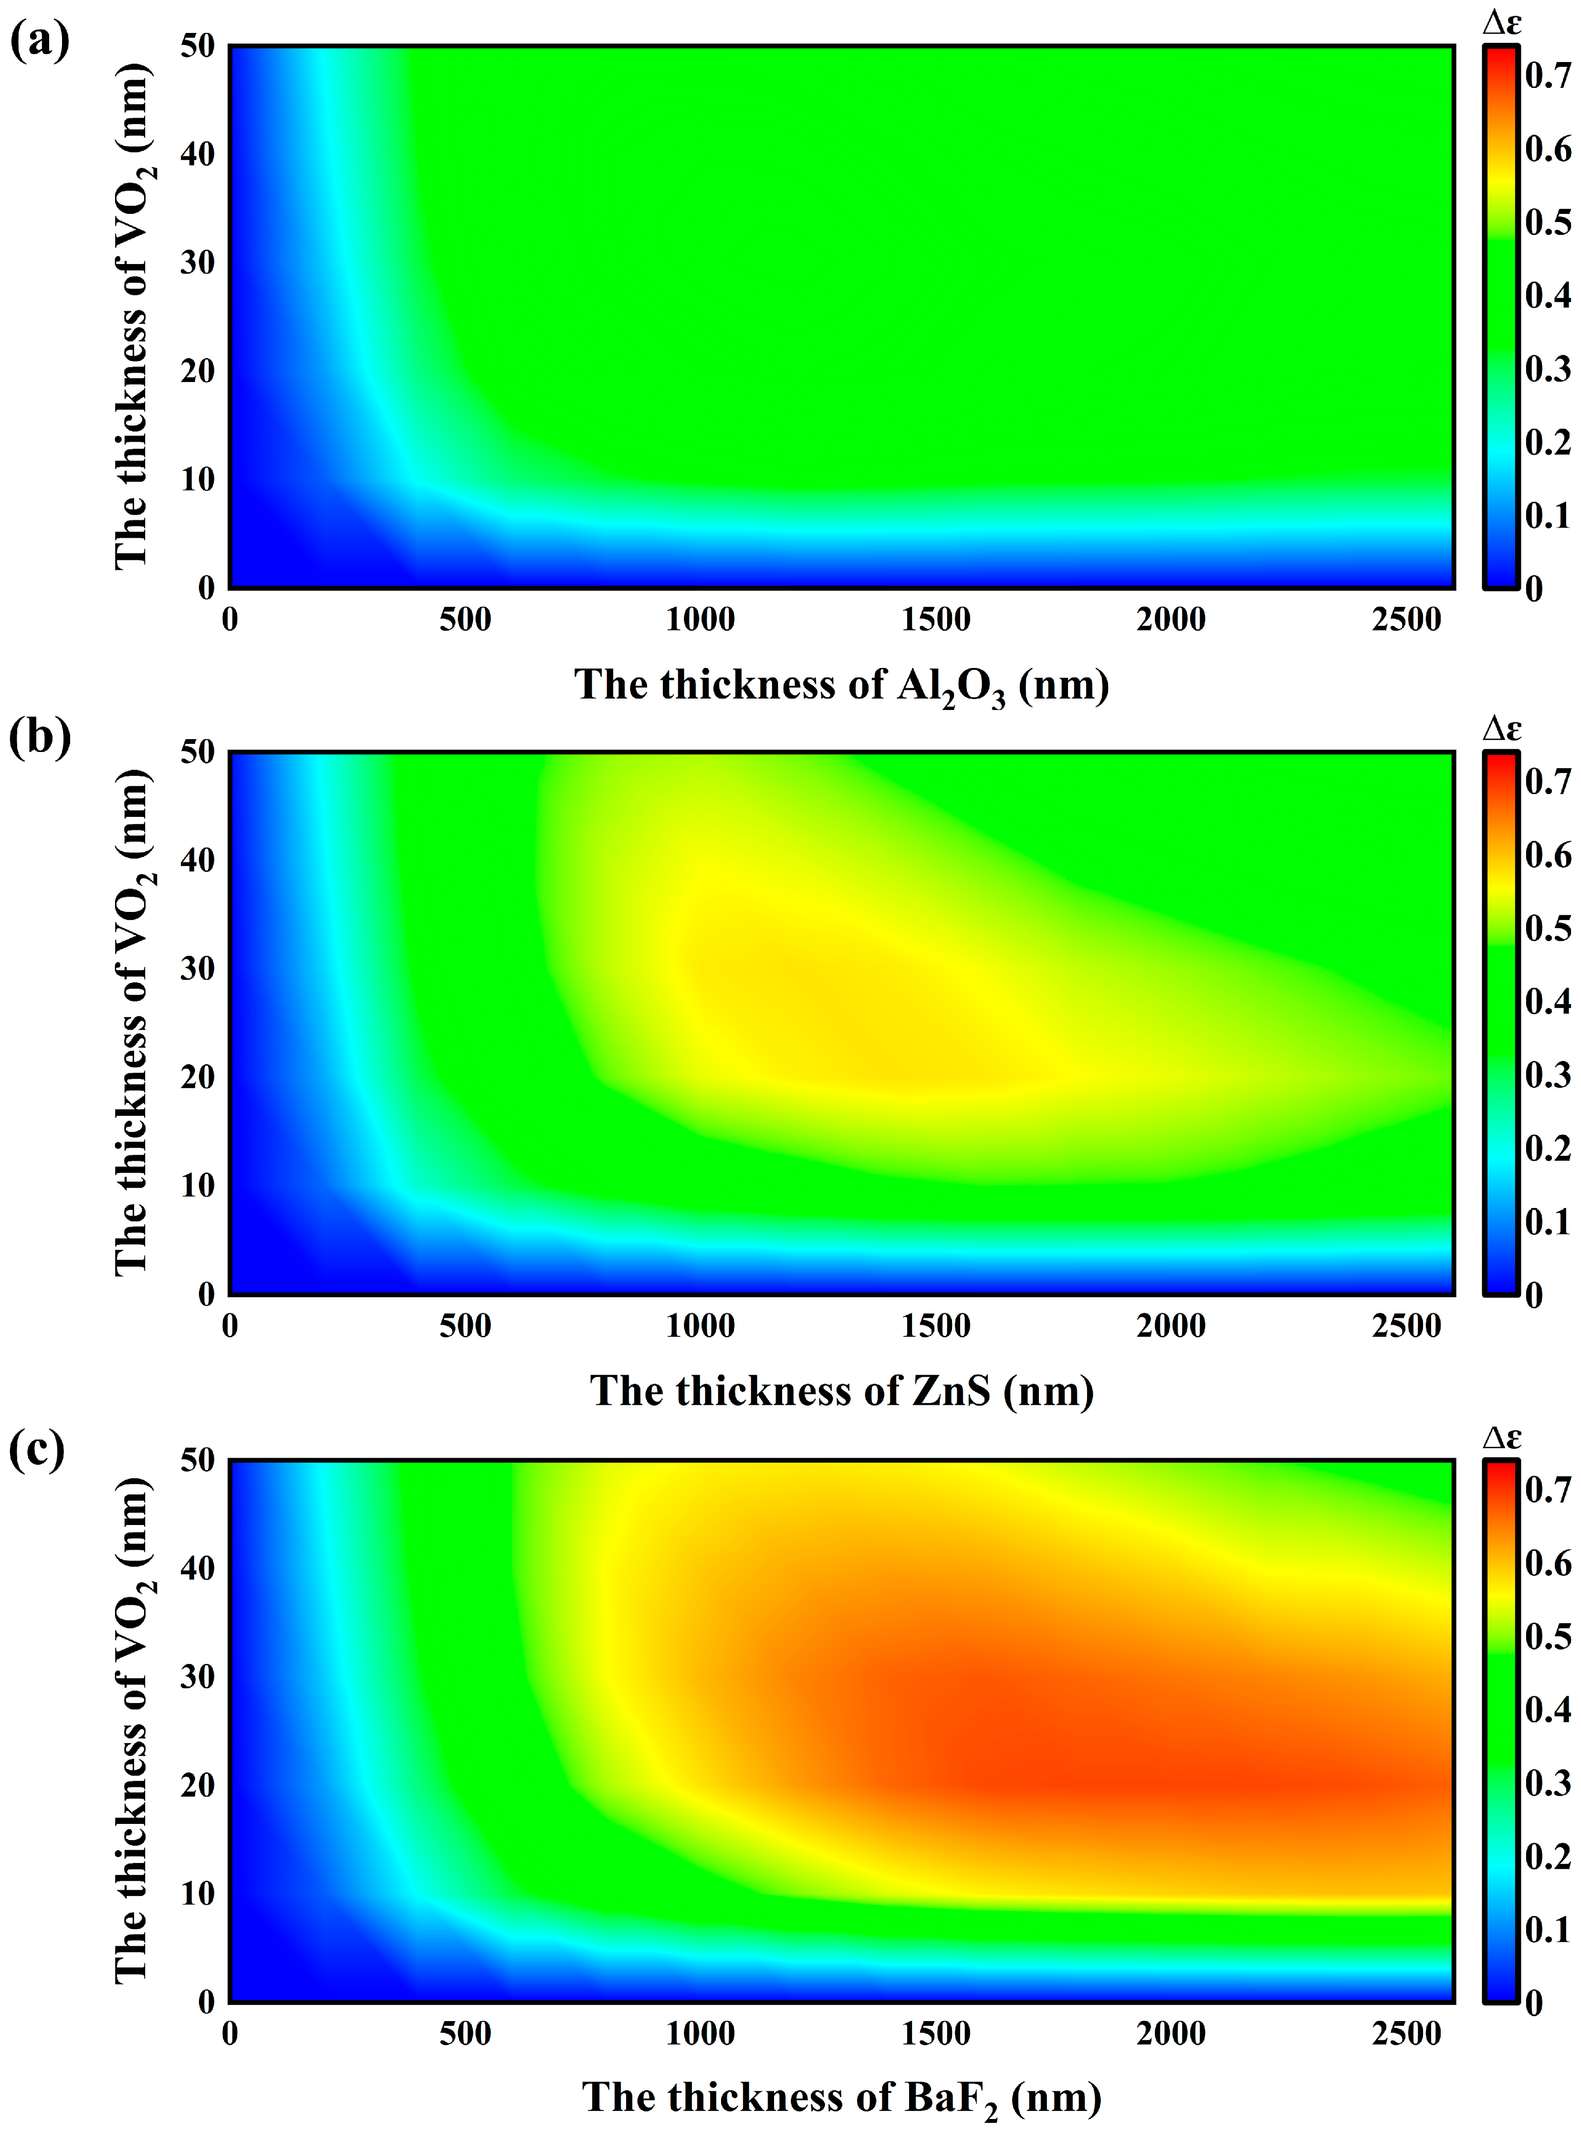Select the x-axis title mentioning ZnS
841,1390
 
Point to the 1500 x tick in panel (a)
935,619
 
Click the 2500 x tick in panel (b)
1406,1326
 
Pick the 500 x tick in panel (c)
465,2034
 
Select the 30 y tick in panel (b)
197,968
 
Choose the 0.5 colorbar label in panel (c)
1548,1636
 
